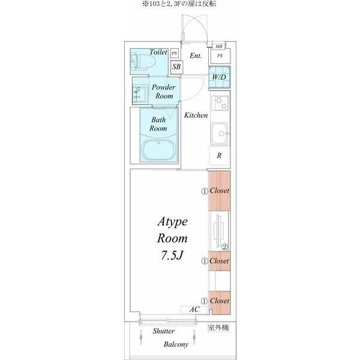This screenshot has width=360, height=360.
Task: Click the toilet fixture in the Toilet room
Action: point(143,61)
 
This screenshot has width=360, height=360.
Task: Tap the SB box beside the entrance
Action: point(176,67)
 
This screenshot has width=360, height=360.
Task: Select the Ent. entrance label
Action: point(196,56)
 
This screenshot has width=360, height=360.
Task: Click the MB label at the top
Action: point(219,47)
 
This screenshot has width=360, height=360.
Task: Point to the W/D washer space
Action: point(219,77)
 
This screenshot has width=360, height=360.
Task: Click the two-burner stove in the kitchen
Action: point(220,103)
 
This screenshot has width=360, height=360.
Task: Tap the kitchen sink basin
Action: point(220,134)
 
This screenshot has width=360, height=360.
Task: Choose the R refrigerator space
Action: point(219,156)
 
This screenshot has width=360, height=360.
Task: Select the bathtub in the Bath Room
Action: point(158,150)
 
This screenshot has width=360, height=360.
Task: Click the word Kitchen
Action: point(196,115)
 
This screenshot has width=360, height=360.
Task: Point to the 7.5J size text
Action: point(172,256)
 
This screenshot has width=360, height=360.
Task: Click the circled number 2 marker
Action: point(224,247)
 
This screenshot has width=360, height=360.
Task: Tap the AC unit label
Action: point(194,310)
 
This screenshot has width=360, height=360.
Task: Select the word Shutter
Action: point(163,331)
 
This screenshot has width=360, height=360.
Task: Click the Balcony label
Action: point(176,344)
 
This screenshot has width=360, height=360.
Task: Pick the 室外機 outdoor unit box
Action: point(218,328)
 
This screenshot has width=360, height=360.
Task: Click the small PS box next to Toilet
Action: point(175,53)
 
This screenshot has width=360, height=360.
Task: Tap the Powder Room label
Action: point(163,91)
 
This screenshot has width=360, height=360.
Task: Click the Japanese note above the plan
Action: point(179,4)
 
